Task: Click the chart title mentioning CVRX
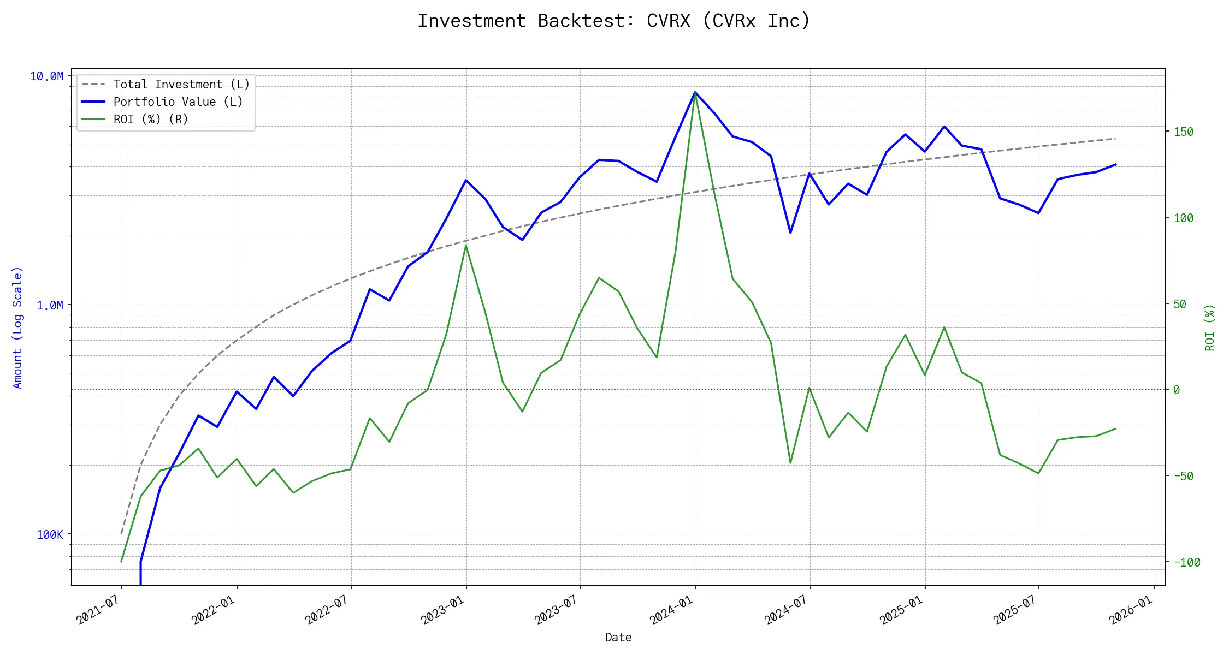(614, 21)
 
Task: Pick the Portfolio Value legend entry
(178, 102)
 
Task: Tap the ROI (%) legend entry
(151, 120)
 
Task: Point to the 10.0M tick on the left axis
(46, 76)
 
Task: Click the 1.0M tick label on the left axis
(50, 306)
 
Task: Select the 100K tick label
(50, 535)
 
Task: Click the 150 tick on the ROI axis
(1183, 132)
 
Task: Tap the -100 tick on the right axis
(1186, 563)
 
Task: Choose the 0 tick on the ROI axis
(1177, 390)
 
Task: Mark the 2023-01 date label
(442, 610)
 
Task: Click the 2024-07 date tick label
(786, 610)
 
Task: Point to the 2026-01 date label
(1131, 610)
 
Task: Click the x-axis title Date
(618, 638)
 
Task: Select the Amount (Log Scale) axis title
(17, 327)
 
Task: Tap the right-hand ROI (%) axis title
(1210, 327)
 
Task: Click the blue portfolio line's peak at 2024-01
(695, 92)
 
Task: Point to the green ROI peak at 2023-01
(466, 245)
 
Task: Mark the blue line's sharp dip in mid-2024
(790, 233)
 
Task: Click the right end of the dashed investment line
(1115, 139)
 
